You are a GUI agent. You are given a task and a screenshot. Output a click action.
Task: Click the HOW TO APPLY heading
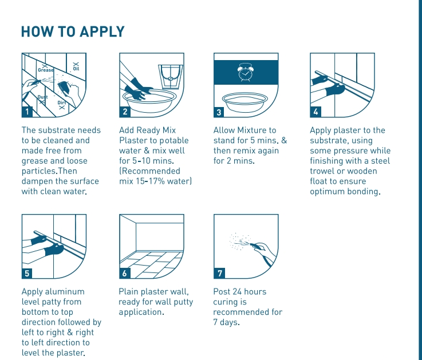(x=72, y=31)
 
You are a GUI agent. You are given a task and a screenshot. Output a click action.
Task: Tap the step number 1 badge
(x=27, y=112)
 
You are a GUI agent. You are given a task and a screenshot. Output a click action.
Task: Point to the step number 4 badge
(x=316, y=112)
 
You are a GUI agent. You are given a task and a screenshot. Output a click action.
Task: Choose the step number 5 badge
(x=27, y=273)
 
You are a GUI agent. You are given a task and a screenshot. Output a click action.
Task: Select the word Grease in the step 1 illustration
(x=46, y=70)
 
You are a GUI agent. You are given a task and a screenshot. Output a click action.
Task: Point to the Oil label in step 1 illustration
(x=76, y=69)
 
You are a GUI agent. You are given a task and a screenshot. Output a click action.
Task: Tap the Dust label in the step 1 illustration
(x=43, y=97)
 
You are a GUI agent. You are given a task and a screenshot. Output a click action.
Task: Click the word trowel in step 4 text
(x=322, y=172)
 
